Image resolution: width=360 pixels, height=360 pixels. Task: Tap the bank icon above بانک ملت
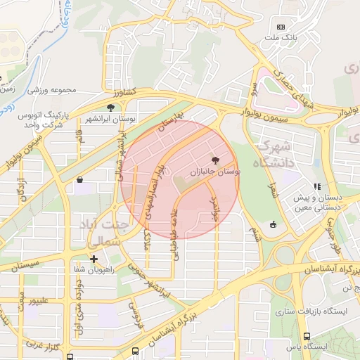tap(281, 27)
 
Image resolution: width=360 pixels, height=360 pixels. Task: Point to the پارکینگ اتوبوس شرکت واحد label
tap(49, 120)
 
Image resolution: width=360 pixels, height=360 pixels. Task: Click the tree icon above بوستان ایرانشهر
tap(110, 108)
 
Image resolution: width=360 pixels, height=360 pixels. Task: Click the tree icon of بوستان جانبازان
tap(224, 160)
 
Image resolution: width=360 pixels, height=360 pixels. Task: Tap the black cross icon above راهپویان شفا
tap(94, 259)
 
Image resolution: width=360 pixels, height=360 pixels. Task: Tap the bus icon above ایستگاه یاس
tap(307, 336)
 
